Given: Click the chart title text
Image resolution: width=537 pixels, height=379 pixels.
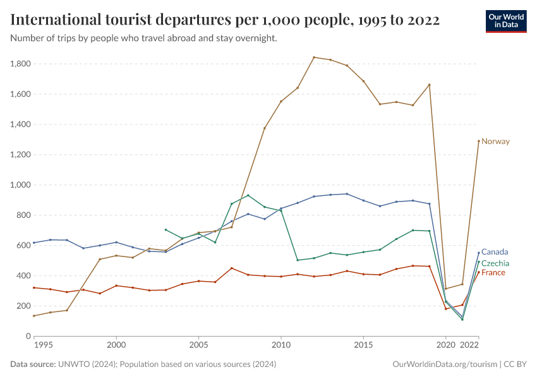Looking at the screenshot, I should point(225,20).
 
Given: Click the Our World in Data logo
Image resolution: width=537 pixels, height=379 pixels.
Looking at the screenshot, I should point(505,21).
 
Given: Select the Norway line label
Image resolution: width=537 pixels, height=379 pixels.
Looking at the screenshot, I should point(495,141).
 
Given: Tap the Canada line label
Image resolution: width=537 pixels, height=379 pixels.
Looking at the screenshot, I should point(495,252).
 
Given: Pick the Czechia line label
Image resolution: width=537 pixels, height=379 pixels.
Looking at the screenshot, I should point(495,263).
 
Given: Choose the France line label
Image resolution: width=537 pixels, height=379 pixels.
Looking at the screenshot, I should point(494,272).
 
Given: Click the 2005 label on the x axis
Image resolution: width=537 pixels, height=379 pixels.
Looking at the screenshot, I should point(198,346).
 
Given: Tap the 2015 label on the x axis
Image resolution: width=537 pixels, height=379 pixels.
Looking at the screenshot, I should point(363,346).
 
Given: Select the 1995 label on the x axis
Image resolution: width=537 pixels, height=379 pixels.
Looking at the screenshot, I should point(42,346).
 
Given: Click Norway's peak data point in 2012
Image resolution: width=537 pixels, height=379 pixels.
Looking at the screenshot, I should point(314,57).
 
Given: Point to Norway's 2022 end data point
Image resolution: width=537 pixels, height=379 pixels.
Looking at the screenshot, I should point(478,141).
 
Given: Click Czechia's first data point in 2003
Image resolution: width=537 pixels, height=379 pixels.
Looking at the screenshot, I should point(166,230).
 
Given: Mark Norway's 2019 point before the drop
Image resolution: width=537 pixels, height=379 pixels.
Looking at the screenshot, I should point(430,85).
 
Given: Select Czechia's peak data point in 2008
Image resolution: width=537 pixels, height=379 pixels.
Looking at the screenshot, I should point(248,195).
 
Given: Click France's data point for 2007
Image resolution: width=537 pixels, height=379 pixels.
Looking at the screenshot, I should point(231,268).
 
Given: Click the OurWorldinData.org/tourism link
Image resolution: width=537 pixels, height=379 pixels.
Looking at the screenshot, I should point(444,364).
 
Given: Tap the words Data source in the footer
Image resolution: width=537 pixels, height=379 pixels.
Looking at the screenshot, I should point(32,364).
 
